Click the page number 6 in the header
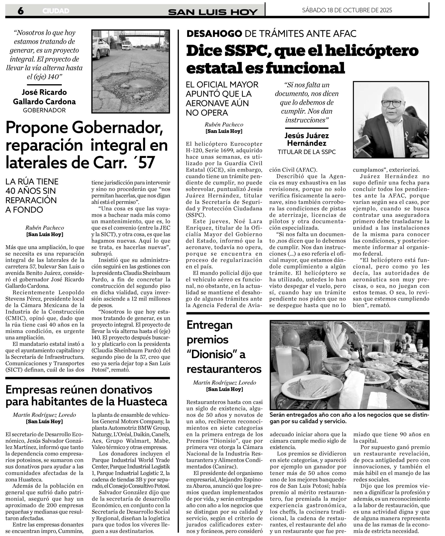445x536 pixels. click(x=21, y=11)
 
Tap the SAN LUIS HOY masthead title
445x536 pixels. click(x=213, y=12)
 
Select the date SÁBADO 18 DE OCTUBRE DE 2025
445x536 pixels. click(x=347, y=10)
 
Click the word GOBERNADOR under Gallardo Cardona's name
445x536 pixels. click(x=44, y=110)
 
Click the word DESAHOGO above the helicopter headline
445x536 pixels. click(x=214, y=33)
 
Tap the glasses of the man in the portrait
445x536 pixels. click(x=391, y=103)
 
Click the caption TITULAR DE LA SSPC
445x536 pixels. click(x=307, y=152)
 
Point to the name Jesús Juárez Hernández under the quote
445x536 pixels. click(x=307, y=139)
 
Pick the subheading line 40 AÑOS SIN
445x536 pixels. click(x=31, y=191)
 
